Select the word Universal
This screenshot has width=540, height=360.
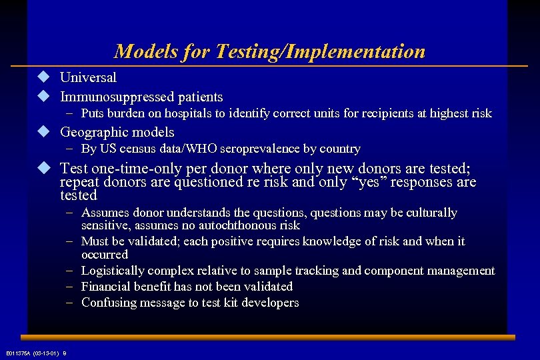88,77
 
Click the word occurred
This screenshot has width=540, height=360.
105,255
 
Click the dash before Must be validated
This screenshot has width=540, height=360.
69,241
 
